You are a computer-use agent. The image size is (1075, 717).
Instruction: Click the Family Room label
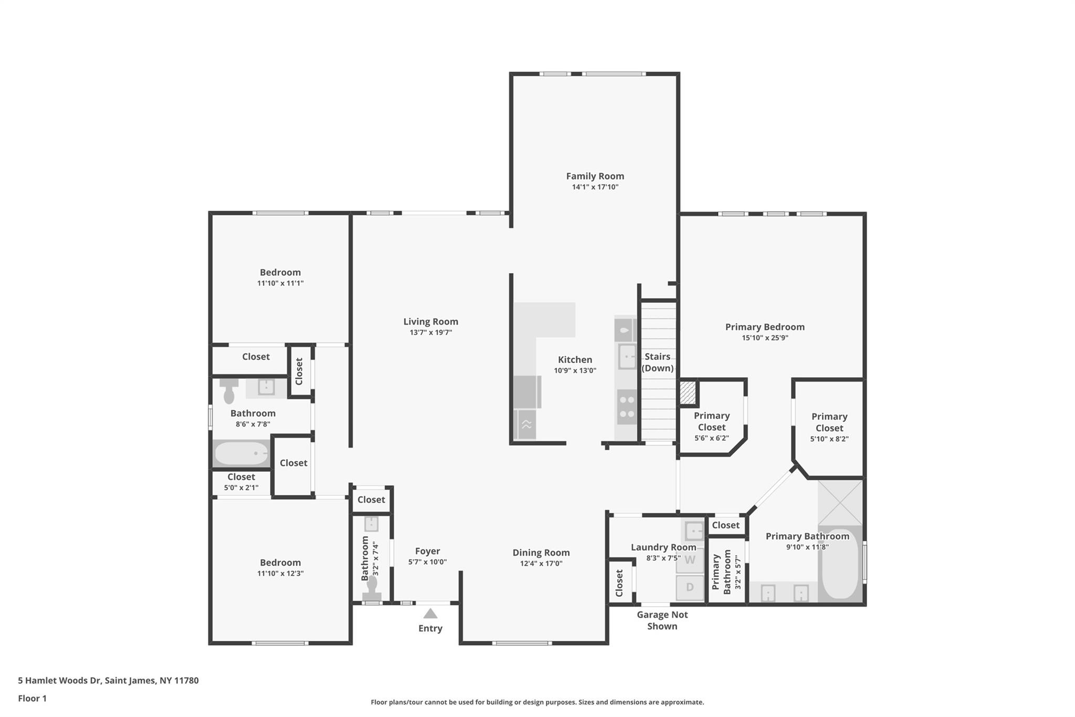point(595,176)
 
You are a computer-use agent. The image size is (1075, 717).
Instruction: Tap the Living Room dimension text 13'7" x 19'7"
point(430,332)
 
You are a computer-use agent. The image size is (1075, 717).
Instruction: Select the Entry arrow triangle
point(430,613)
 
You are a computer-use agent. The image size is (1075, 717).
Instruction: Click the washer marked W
point(689,560)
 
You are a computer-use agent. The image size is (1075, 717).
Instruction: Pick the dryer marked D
point(689,587)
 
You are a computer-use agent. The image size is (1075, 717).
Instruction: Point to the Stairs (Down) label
point(657,362)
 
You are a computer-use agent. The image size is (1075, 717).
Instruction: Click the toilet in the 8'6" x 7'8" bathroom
point(229,390)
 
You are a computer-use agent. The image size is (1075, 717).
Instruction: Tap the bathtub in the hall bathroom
point(241,453)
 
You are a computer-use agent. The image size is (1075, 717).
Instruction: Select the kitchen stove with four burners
point(627,407)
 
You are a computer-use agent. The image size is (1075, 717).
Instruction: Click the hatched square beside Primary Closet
point(688,393)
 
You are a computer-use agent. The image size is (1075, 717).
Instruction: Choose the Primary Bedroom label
point(765,327)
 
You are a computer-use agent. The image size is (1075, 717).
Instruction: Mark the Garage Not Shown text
point(662,620)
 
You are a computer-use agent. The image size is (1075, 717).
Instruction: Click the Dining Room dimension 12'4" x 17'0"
point(541,564)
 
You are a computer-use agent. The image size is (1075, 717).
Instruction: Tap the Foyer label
point(427,551)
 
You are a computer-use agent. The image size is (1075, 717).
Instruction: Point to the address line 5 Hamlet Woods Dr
point(108,681)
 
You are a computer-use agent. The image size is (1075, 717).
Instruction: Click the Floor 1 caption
point(32,699)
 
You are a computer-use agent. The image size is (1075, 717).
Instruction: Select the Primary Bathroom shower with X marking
point(840,503)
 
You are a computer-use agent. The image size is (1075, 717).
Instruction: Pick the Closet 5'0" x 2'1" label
point(241,482)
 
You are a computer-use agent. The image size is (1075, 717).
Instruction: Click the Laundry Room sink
point(693,531)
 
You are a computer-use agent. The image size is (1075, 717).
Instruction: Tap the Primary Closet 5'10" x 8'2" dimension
point(829,439)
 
